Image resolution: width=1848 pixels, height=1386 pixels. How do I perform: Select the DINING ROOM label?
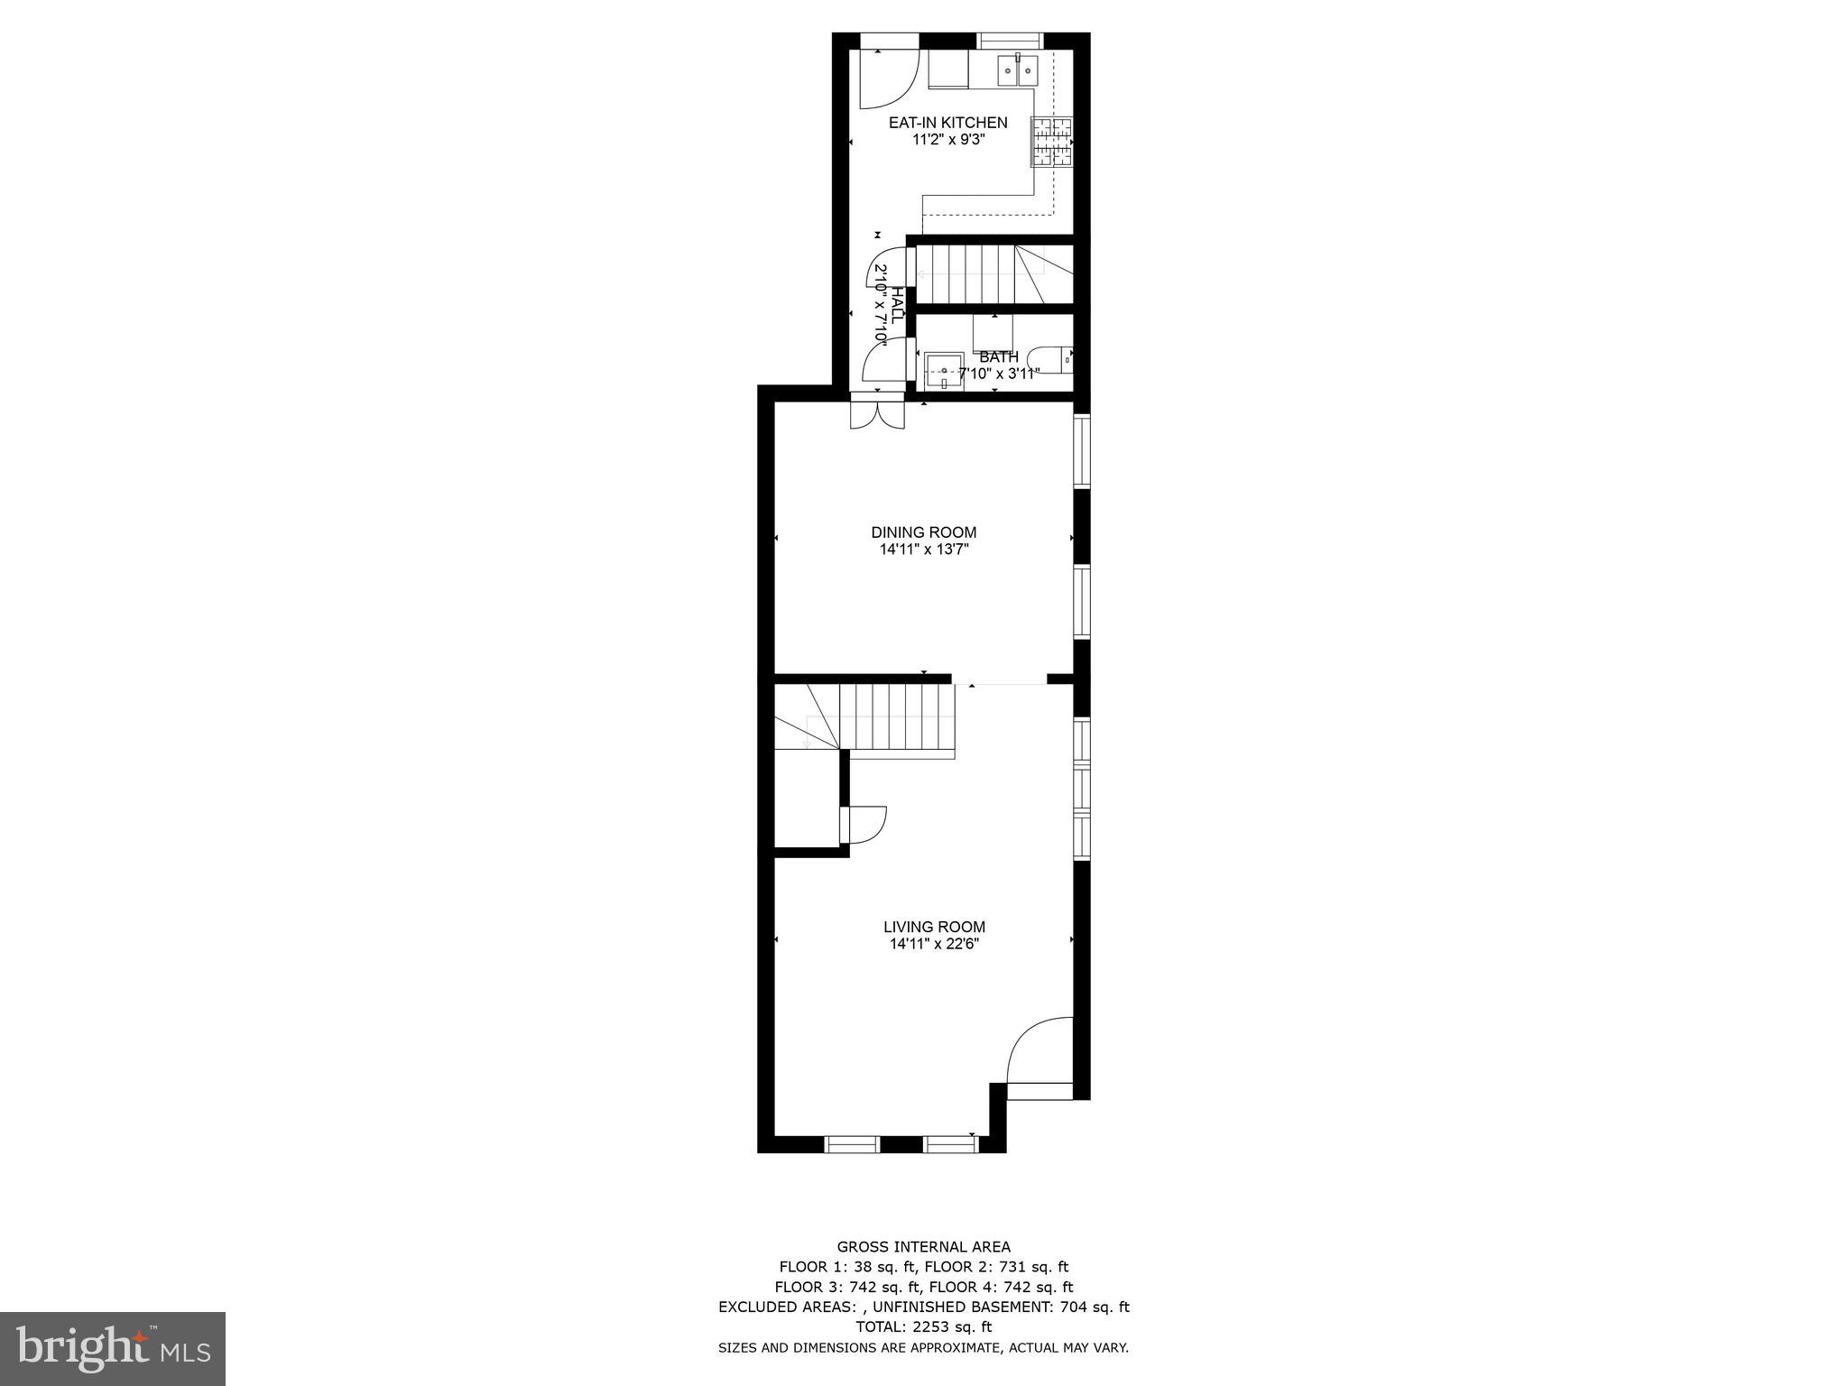(923, 532)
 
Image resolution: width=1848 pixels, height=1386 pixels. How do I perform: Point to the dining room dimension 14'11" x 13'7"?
(923, 549)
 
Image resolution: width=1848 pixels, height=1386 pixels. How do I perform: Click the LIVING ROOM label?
(934, 927)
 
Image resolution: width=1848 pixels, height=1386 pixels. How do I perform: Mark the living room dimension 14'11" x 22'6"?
(934, 944)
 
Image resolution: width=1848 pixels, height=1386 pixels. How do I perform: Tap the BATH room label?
(998, 357)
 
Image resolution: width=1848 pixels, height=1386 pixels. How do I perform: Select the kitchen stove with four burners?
(1052, 143)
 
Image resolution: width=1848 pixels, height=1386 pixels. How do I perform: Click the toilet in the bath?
(1052, 359)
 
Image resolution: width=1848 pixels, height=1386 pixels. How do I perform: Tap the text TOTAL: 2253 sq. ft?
(923, 1326)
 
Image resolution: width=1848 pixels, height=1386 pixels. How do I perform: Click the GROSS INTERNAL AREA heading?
(923, 1248)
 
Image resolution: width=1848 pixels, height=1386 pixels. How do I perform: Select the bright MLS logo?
(113, 1349)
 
